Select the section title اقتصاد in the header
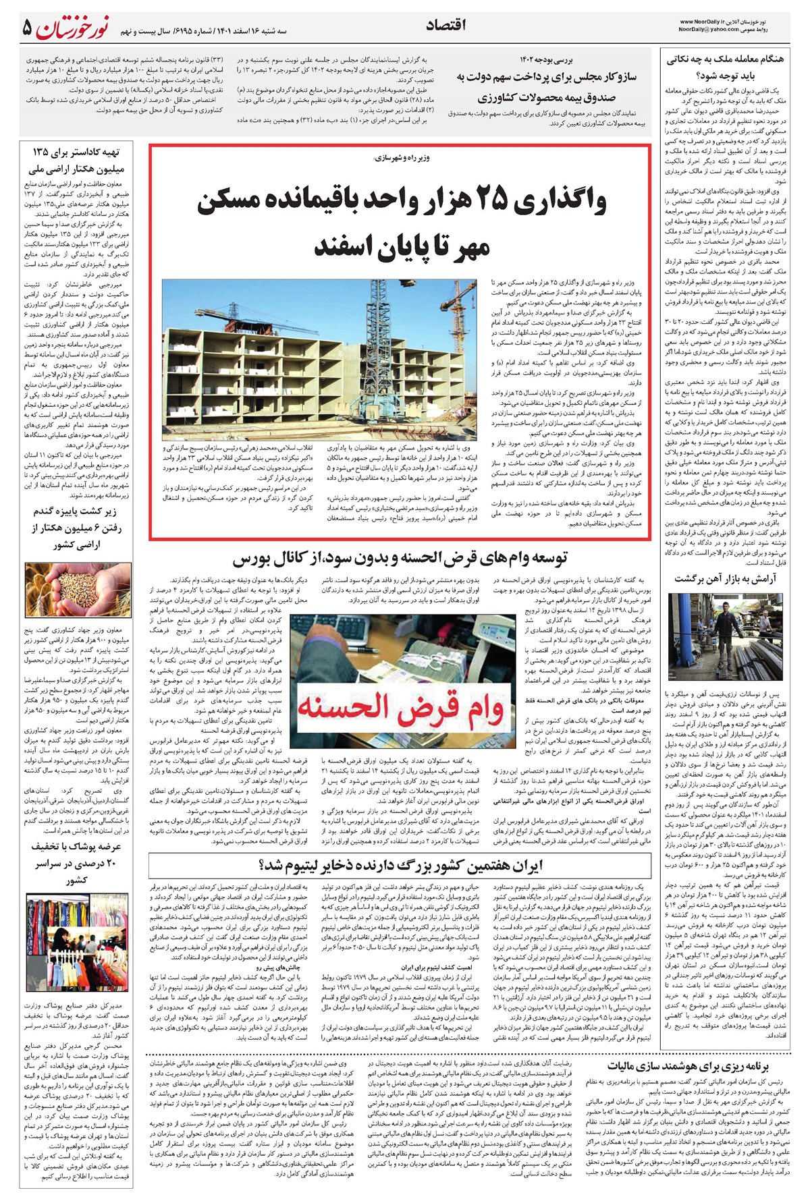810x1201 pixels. pyautogui.click(x=447, y=25)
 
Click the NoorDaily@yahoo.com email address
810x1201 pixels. pyautogui.click(x=709, y=31)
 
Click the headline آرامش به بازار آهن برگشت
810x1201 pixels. pyautogui.click(x=725, y=579)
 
